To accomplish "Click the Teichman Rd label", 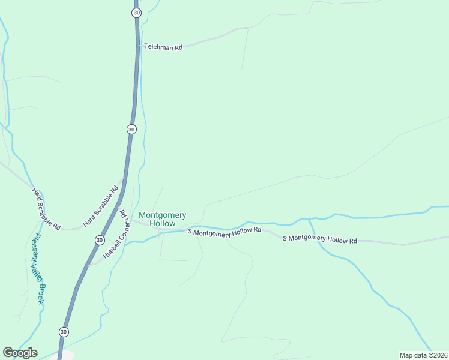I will pos(163,47).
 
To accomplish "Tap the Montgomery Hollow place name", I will pos(162,219).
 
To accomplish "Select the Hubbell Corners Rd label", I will pos(114,234).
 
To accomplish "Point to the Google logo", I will pos(20,353).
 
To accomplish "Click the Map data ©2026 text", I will pos(423,355).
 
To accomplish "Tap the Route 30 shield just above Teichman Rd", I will pos(137,13).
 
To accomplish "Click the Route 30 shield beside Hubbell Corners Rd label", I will pos(99,240).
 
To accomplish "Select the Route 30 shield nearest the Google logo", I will pos(64,332).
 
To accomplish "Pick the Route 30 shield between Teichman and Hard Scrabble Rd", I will pos(131,129).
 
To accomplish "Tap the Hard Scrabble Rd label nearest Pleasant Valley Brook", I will pos(46,209).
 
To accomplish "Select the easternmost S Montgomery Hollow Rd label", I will pos(320,239).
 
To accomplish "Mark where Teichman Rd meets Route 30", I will pos(139,46).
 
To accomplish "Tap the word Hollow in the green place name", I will pos(162,223).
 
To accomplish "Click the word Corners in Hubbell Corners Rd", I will pos(116,232).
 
